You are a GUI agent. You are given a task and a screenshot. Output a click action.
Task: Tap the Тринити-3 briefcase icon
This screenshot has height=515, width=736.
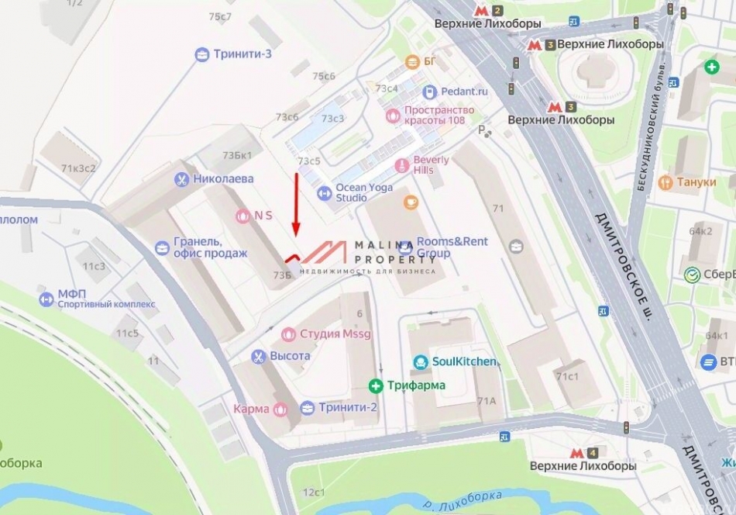pyautogui.click(x=202, y=54)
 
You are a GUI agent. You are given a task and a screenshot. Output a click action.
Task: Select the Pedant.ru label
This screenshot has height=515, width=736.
pyautogui.click(x=464, y=92)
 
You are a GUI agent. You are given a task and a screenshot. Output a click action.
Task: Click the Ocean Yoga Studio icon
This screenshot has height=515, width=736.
pyautogui.click(x=325, y=192)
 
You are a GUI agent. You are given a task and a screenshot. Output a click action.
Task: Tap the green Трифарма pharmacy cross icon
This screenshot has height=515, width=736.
pyautogui.click(x=376, y=385)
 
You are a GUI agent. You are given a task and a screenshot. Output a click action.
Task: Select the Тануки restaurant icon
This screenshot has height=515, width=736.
pyautogui.click(x=665, y=183)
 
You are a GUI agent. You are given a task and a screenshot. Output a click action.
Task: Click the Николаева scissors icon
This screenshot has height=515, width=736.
pyautogui.click(x=181, y=179)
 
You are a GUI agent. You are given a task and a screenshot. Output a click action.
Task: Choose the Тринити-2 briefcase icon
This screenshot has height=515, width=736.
pyautogui.click(x=308, y=408)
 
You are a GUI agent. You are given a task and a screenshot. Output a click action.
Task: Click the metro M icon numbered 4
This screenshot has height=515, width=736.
pyautogui.click(x=577, y=453)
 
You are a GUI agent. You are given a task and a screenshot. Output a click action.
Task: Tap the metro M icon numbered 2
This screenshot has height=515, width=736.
pyautogui.click(x=483, y=11)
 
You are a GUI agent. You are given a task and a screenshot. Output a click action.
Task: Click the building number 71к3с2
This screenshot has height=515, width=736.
pyautogui.click(x=79, y=168)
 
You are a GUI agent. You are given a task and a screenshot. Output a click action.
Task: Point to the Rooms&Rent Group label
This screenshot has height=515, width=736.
pyautogui.click(x=452, y=247)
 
